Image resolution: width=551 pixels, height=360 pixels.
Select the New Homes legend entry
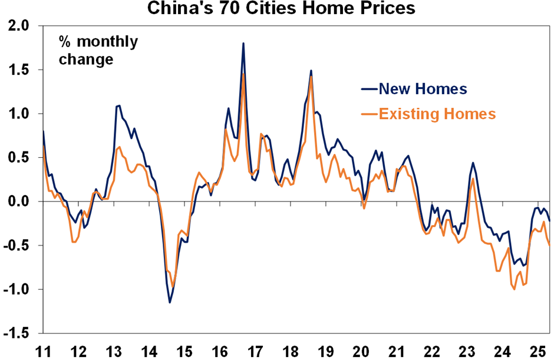tap(423, 89)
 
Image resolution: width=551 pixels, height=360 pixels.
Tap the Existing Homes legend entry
tap(437, 114)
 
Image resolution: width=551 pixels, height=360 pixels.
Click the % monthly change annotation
tap(97, 51)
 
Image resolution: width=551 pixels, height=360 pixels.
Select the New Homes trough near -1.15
tap(170, 302)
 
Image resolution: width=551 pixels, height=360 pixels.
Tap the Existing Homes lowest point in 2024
tap(514, 289)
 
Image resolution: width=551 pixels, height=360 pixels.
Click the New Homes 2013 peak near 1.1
tap(120, 105)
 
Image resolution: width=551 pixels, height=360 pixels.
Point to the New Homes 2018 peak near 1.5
tap(311, 71)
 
